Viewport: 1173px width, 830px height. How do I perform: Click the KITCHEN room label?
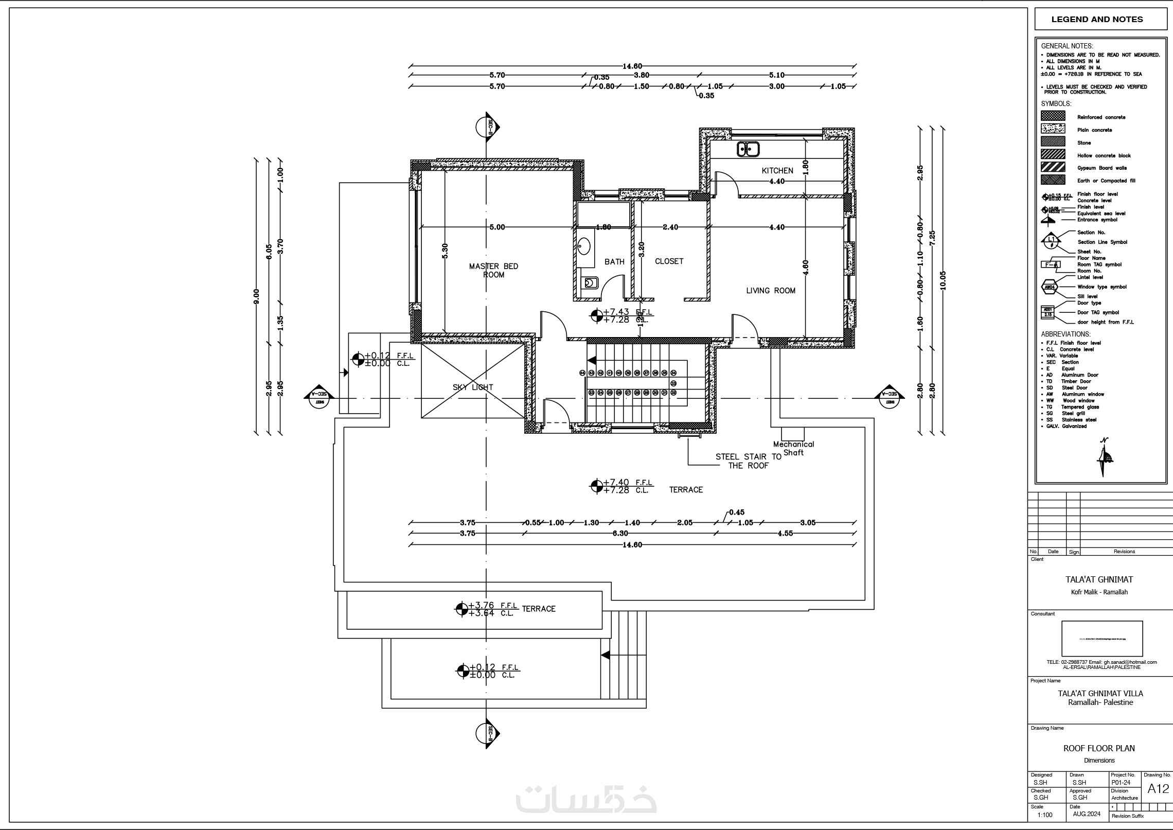777,170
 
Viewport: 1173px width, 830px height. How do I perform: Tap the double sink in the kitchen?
748,149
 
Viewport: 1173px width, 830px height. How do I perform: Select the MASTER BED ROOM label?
493,270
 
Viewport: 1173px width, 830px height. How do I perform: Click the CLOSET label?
669,261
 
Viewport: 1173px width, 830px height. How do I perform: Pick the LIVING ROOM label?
771,291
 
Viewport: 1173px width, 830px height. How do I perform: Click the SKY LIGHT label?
473,387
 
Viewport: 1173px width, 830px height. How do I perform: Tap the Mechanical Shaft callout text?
793,448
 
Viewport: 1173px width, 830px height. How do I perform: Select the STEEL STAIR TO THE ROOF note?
748,461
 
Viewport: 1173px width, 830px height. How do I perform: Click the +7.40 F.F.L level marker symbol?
596,486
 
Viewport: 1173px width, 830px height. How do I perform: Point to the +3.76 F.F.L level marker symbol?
461,609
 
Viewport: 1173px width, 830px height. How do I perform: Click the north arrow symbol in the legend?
1103,457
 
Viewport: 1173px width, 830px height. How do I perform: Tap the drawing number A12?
1158,789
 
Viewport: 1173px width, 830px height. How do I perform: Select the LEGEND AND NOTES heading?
1097,20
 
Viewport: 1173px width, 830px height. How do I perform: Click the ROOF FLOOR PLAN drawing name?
1099,748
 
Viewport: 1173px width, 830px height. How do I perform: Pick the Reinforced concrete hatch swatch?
1053,116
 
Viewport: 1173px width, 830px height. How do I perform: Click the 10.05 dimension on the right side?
943,281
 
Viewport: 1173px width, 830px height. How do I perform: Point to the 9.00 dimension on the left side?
256,296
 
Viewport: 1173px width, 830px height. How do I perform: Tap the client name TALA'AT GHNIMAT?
1099,579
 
